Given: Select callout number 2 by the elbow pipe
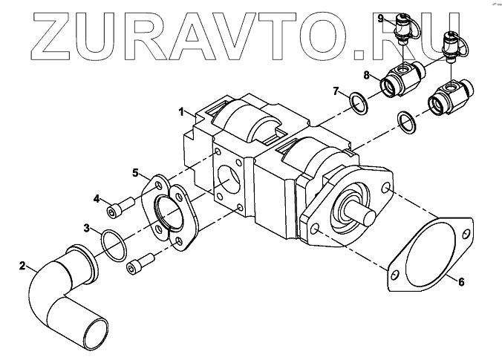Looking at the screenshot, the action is [x=22, y=264].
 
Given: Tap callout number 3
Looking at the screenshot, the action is [x=87, y=227].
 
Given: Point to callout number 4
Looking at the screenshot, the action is [x=97, y=198].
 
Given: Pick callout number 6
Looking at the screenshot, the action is [x=460, y=281].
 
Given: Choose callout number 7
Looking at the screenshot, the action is [x=336, y=91].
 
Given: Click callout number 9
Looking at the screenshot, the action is [x=380, y=17].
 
